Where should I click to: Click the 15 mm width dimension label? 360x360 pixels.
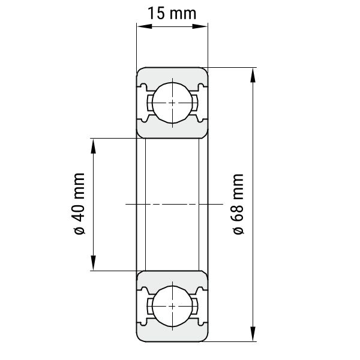[x=172, y=13]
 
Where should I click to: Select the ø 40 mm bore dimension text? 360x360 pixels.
[x=79, y=203]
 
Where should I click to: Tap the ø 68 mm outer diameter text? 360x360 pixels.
[x=238, y=204]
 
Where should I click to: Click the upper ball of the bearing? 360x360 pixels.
[x=172, y=103]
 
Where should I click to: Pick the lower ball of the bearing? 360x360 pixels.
[x=172, y=306]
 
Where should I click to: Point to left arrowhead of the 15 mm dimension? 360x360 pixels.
[x=145, y=26]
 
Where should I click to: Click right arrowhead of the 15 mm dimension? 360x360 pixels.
[x=200, y=26]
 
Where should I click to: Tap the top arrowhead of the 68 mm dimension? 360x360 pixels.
[x=253, y=76]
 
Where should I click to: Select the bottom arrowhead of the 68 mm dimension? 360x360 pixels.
[x=253, y=334]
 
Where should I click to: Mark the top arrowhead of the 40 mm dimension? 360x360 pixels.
[x=93, y=146]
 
